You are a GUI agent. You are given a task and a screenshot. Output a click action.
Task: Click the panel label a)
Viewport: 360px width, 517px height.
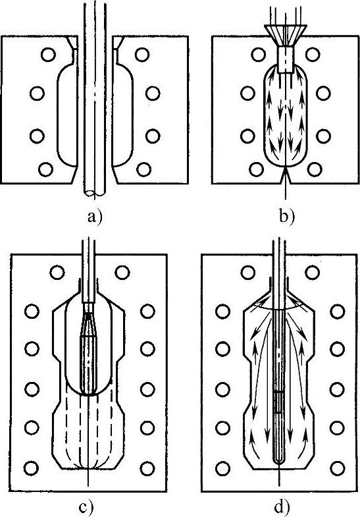95,217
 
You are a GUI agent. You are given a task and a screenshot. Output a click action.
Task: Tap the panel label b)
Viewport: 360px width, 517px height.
287,217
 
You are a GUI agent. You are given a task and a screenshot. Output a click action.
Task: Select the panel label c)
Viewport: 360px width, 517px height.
87,508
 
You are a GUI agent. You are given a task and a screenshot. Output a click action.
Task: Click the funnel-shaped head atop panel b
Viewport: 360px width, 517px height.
286,36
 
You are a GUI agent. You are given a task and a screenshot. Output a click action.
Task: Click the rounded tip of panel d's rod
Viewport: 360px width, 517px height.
279,460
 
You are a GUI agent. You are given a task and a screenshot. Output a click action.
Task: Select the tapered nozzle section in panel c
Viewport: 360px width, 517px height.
89,325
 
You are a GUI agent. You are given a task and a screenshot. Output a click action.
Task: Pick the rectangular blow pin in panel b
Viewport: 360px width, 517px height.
285,59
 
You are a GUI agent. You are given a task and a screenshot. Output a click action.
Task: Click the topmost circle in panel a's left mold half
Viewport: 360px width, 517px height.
49,55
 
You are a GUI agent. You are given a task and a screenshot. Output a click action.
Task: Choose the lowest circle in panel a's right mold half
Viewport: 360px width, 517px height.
143,169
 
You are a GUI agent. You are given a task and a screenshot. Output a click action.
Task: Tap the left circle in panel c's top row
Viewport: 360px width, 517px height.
57,273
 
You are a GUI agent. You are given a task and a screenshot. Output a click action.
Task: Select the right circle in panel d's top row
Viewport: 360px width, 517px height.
312,273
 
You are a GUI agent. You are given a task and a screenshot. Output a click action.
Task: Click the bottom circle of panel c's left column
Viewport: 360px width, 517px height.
32,468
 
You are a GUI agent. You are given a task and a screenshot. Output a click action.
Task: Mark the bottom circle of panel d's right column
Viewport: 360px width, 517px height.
337,468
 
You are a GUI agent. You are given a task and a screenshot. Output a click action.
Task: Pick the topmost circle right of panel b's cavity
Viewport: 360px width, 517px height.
313,55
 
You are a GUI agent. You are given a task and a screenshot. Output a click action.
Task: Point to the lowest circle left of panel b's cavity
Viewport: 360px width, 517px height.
257,169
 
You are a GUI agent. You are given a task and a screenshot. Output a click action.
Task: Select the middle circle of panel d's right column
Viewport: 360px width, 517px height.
337,389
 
